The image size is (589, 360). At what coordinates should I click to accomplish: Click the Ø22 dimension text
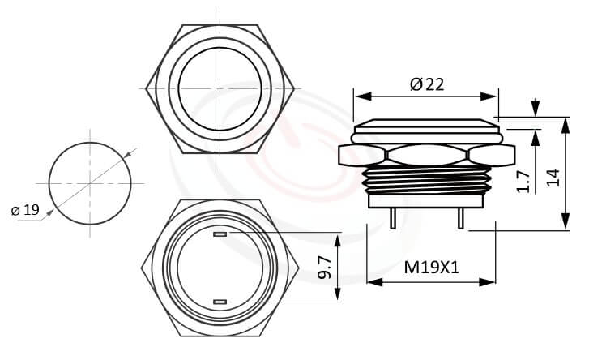coord(428,83)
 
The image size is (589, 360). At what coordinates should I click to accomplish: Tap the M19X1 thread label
coord(431,268)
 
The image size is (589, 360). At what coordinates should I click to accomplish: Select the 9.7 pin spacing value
coord(324,268)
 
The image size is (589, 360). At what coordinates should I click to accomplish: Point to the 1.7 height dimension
coord(523,181)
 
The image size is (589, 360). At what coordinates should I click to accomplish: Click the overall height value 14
coord(553,177)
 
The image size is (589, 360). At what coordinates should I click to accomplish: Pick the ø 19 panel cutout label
coord(25,210)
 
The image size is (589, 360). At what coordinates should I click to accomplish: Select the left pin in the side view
coord(391,218)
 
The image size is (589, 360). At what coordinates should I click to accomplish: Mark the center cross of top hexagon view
coord(220,88)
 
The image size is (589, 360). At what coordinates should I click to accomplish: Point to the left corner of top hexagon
coord(146,88)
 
